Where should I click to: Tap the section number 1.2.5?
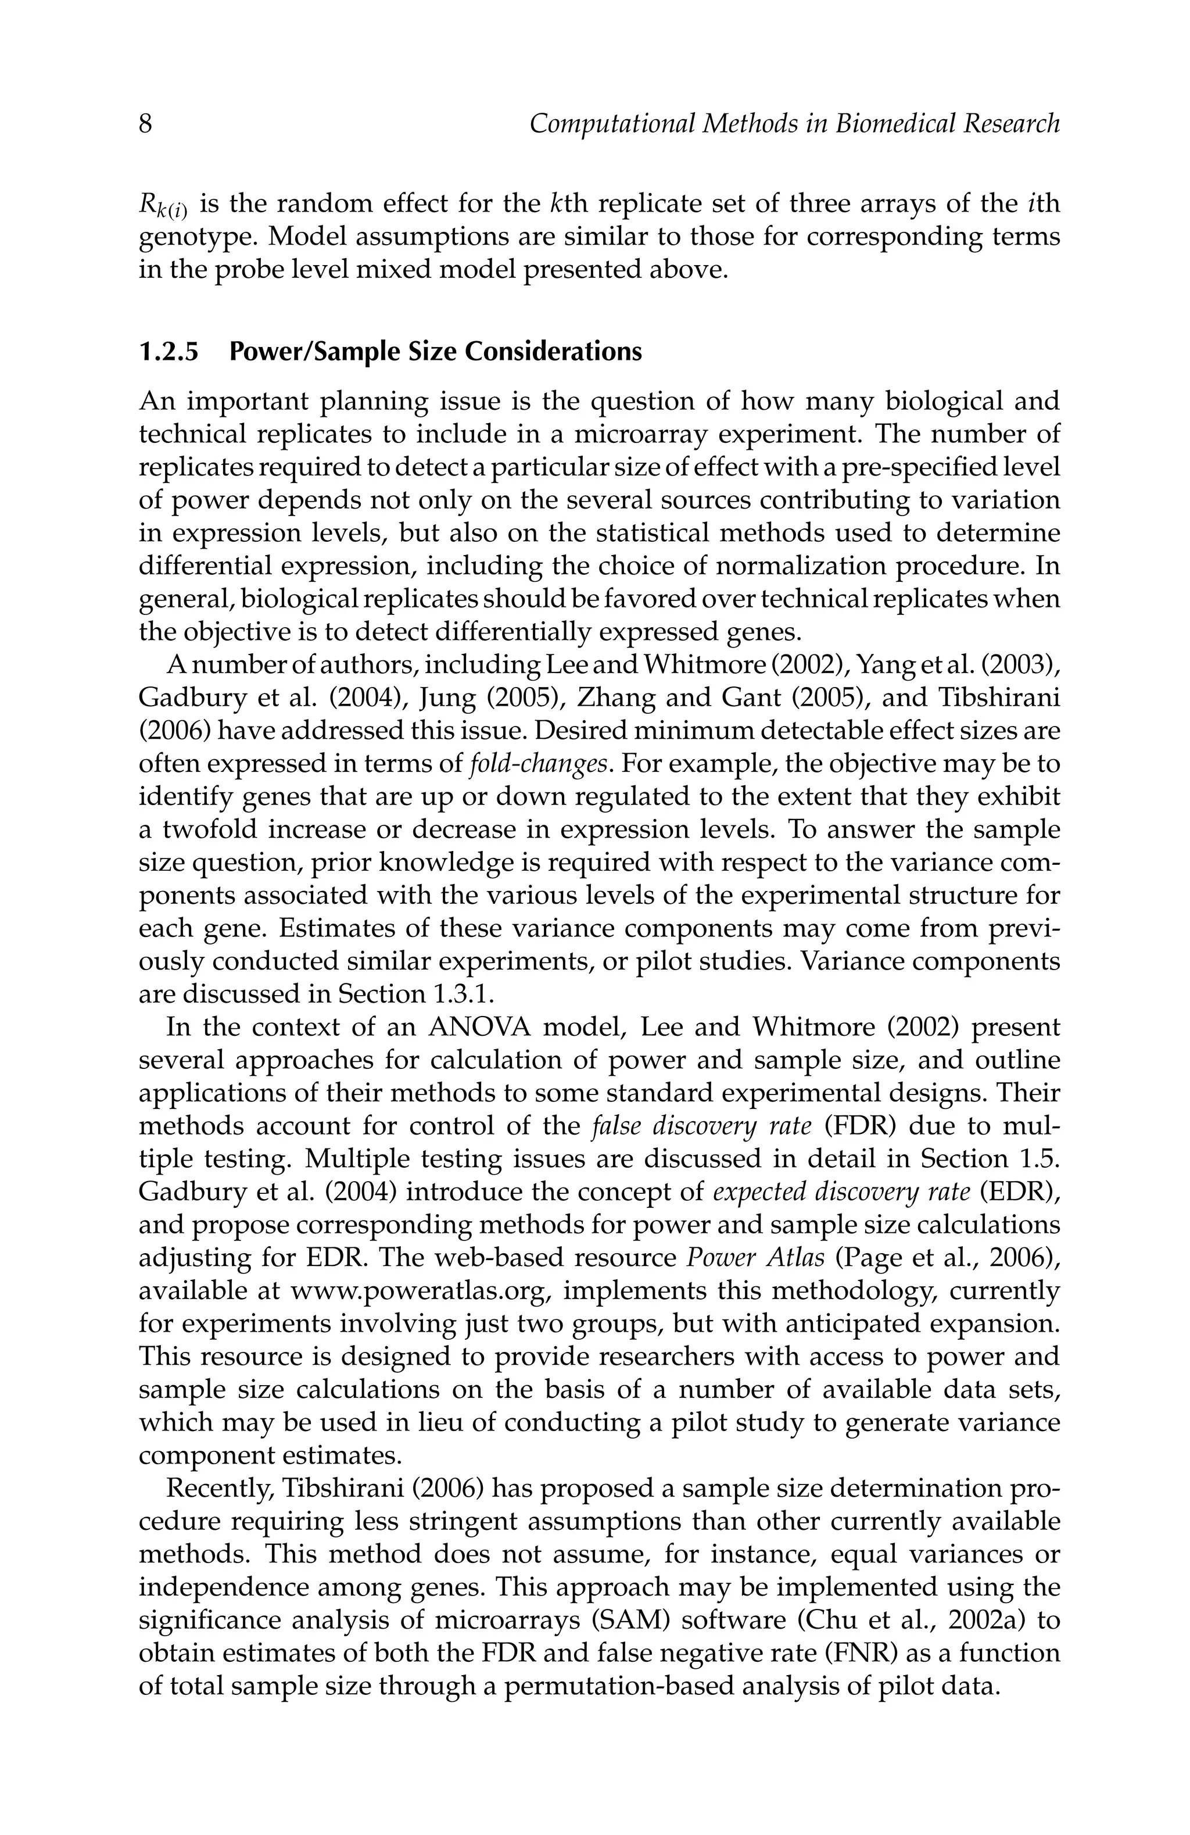(x=168, y=352)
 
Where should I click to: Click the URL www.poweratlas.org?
(x=423, y=1291)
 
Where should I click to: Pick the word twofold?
(x=207, y=829)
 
